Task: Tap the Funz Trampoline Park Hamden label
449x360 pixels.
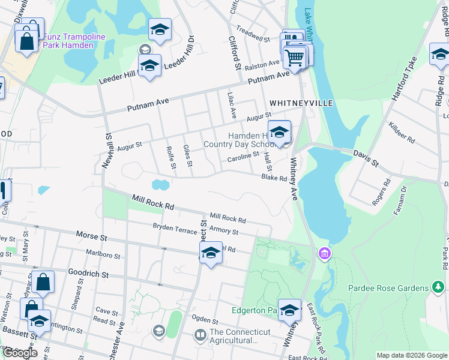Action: point(73,41)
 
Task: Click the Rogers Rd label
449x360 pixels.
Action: point(381,196)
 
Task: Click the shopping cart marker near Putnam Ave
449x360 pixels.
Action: point(295,57)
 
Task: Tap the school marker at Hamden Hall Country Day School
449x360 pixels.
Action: point(279,132)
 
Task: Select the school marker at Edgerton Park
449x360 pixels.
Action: point(289,310)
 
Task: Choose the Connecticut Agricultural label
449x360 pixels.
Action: point(234,336)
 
